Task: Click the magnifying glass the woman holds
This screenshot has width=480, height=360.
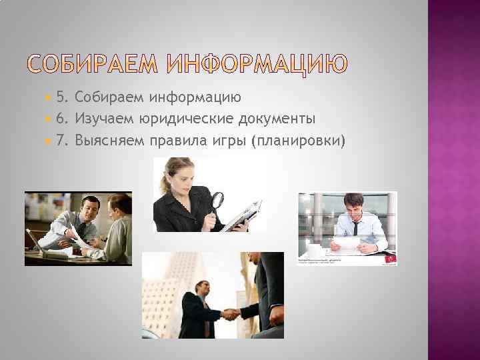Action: pyautogui.click(x=217, y=200)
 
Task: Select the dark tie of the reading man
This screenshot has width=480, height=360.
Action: pyautogui.click(x=355, y=230)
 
